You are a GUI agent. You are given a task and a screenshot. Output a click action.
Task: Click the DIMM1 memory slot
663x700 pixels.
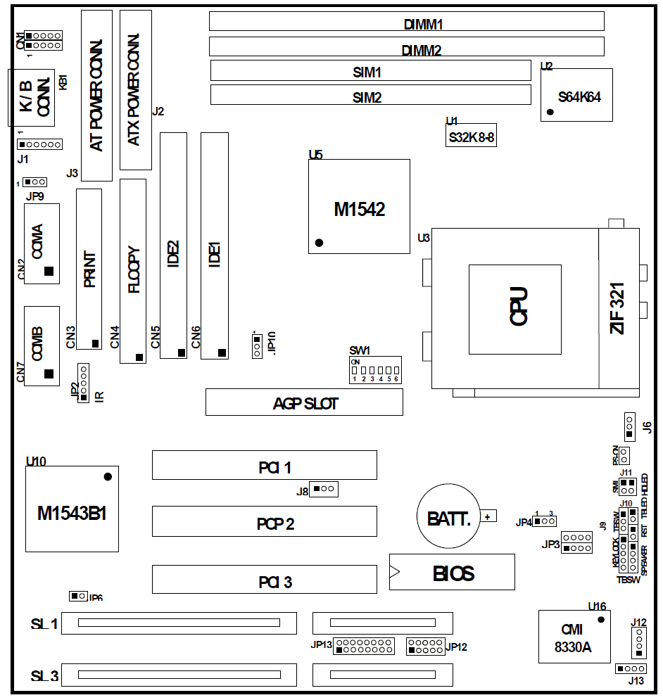coord(406,22)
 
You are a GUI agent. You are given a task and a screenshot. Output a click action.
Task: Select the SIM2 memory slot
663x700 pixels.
coord(370,94)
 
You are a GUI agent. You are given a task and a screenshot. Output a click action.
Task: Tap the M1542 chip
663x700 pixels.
coord(359,206)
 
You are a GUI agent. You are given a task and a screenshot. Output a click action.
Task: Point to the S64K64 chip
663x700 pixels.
coord(576,95)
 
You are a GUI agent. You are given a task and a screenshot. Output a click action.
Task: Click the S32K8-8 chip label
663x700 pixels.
coord(471,137)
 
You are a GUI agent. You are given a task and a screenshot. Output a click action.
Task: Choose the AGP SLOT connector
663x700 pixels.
coord(304,402)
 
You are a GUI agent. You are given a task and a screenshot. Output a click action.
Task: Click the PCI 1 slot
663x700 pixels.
coord(264,465)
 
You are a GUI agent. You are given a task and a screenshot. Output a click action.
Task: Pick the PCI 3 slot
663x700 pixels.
coord(264,580)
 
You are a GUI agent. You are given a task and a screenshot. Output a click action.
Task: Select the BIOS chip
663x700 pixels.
coord(452,572)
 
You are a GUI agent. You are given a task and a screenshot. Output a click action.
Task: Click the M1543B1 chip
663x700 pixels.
coord(72,509)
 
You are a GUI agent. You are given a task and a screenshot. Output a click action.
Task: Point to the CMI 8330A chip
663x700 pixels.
coord(574,637)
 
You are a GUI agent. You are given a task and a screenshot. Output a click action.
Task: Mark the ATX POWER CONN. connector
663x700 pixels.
coord(136,91)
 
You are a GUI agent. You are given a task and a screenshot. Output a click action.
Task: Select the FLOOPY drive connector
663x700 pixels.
coord(133,271)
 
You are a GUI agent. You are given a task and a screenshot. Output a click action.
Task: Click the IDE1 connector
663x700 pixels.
coord(215,246)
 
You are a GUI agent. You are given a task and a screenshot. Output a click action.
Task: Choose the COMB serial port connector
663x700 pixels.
coord(41,345)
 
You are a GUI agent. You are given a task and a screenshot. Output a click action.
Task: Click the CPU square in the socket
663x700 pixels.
coord(515,309)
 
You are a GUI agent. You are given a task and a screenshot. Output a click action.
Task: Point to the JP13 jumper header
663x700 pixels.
coord(364,645)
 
